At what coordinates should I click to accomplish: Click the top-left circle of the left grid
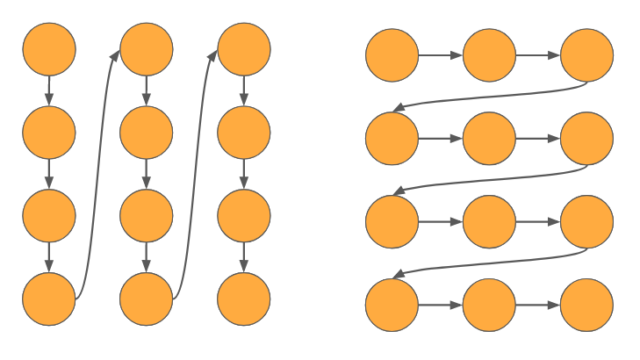click(49, 49)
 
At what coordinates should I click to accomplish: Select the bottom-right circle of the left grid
click(243, 299)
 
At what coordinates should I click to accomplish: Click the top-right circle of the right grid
click(586, 55)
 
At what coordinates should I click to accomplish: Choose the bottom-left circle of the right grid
click(392, 306)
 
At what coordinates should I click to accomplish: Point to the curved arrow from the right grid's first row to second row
click(488, 97)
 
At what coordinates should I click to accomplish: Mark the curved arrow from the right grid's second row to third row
click(488, 180)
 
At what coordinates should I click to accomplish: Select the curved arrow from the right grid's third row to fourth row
click(488, 263)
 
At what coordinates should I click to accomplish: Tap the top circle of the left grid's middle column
click(147, 49)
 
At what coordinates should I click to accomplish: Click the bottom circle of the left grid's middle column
click(147, 299)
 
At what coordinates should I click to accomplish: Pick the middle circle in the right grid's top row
click(489, 55)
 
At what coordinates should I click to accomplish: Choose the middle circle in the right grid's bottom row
click(489, 306)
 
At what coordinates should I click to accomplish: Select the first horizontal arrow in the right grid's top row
click(440, 55)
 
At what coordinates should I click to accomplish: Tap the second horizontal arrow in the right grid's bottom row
click(537, 306)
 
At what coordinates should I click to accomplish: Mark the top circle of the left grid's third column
click(243, 49)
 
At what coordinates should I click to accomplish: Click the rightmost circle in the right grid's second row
click(586, 139)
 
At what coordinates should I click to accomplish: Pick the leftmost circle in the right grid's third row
click(392, 222)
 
